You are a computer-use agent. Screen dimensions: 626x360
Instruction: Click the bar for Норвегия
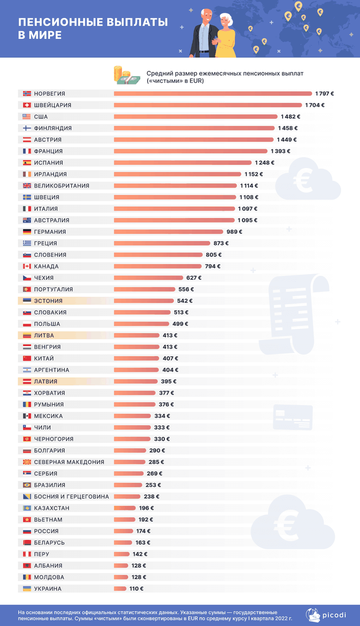213,93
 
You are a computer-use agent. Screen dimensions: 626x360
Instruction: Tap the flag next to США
27,117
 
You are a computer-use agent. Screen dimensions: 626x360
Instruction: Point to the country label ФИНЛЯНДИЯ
53,128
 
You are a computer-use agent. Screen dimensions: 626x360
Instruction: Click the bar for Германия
168,232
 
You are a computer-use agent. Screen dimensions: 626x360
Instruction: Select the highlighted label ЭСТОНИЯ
48,301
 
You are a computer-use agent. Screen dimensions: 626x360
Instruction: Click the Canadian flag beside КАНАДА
27,266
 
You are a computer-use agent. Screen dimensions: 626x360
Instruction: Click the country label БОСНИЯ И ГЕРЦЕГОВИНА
71,497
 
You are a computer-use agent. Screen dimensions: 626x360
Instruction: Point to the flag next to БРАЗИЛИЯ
27,485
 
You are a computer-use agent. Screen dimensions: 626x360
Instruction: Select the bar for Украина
120,589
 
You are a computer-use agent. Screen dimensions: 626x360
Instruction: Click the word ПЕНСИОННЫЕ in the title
49,23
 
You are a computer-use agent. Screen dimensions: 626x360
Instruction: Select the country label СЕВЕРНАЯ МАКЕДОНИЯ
69,462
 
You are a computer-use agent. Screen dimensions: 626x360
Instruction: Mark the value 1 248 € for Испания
265,163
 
